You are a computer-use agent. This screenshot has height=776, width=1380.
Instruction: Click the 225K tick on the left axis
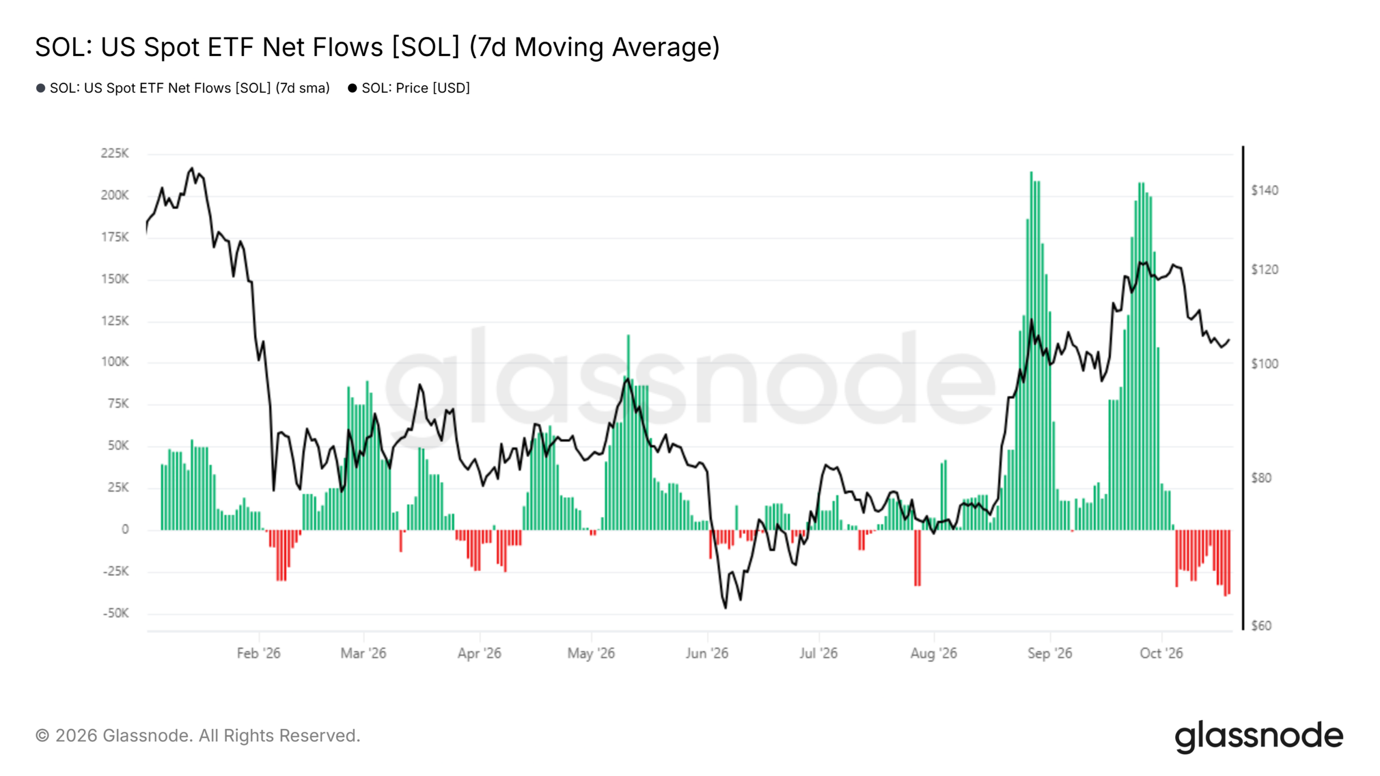tap(115, 154)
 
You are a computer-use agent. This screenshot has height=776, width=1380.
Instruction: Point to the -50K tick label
tap(116, 613)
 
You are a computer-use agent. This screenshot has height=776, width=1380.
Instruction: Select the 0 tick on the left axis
tap(125, 530)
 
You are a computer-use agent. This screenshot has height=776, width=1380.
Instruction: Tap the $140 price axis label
tap(1265, 190)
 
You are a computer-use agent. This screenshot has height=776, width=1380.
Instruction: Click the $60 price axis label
tap(1261, 626)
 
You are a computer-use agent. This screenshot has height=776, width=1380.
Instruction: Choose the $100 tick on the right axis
tap(1265, 364)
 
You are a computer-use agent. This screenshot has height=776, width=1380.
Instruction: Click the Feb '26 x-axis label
tap(259, 653)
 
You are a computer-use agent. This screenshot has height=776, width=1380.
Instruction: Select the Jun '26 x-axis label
tap(707, 653)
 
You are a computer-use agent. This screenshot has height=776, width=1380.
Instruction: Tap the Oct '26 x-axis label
tap(1161, 653)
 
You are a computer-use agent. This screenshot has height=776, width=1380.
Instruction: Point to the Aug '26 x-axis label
tap(934, 653)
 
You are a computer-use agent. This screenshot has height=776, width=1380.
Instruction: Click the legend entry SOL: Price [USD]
tap(409, 88)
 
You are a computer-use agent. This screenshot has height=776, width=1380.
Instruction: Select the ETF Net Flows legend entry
tap(183, 88)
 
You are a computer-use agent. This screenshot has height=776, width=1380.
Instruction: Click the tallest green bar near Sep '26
tap(1031, 350)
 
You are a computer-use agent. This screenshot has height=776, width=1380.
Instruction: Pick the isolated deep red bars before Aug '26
tap(917, 558)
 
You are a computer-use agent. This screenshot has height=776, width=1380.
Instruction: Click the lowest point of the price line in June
tap(726, 608)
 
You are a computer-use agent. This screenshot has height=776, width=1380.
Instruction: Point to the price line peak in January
tap(192, 168)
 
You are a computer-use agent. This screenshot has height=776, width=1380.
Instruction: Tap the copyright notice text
tap(198, 736)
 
